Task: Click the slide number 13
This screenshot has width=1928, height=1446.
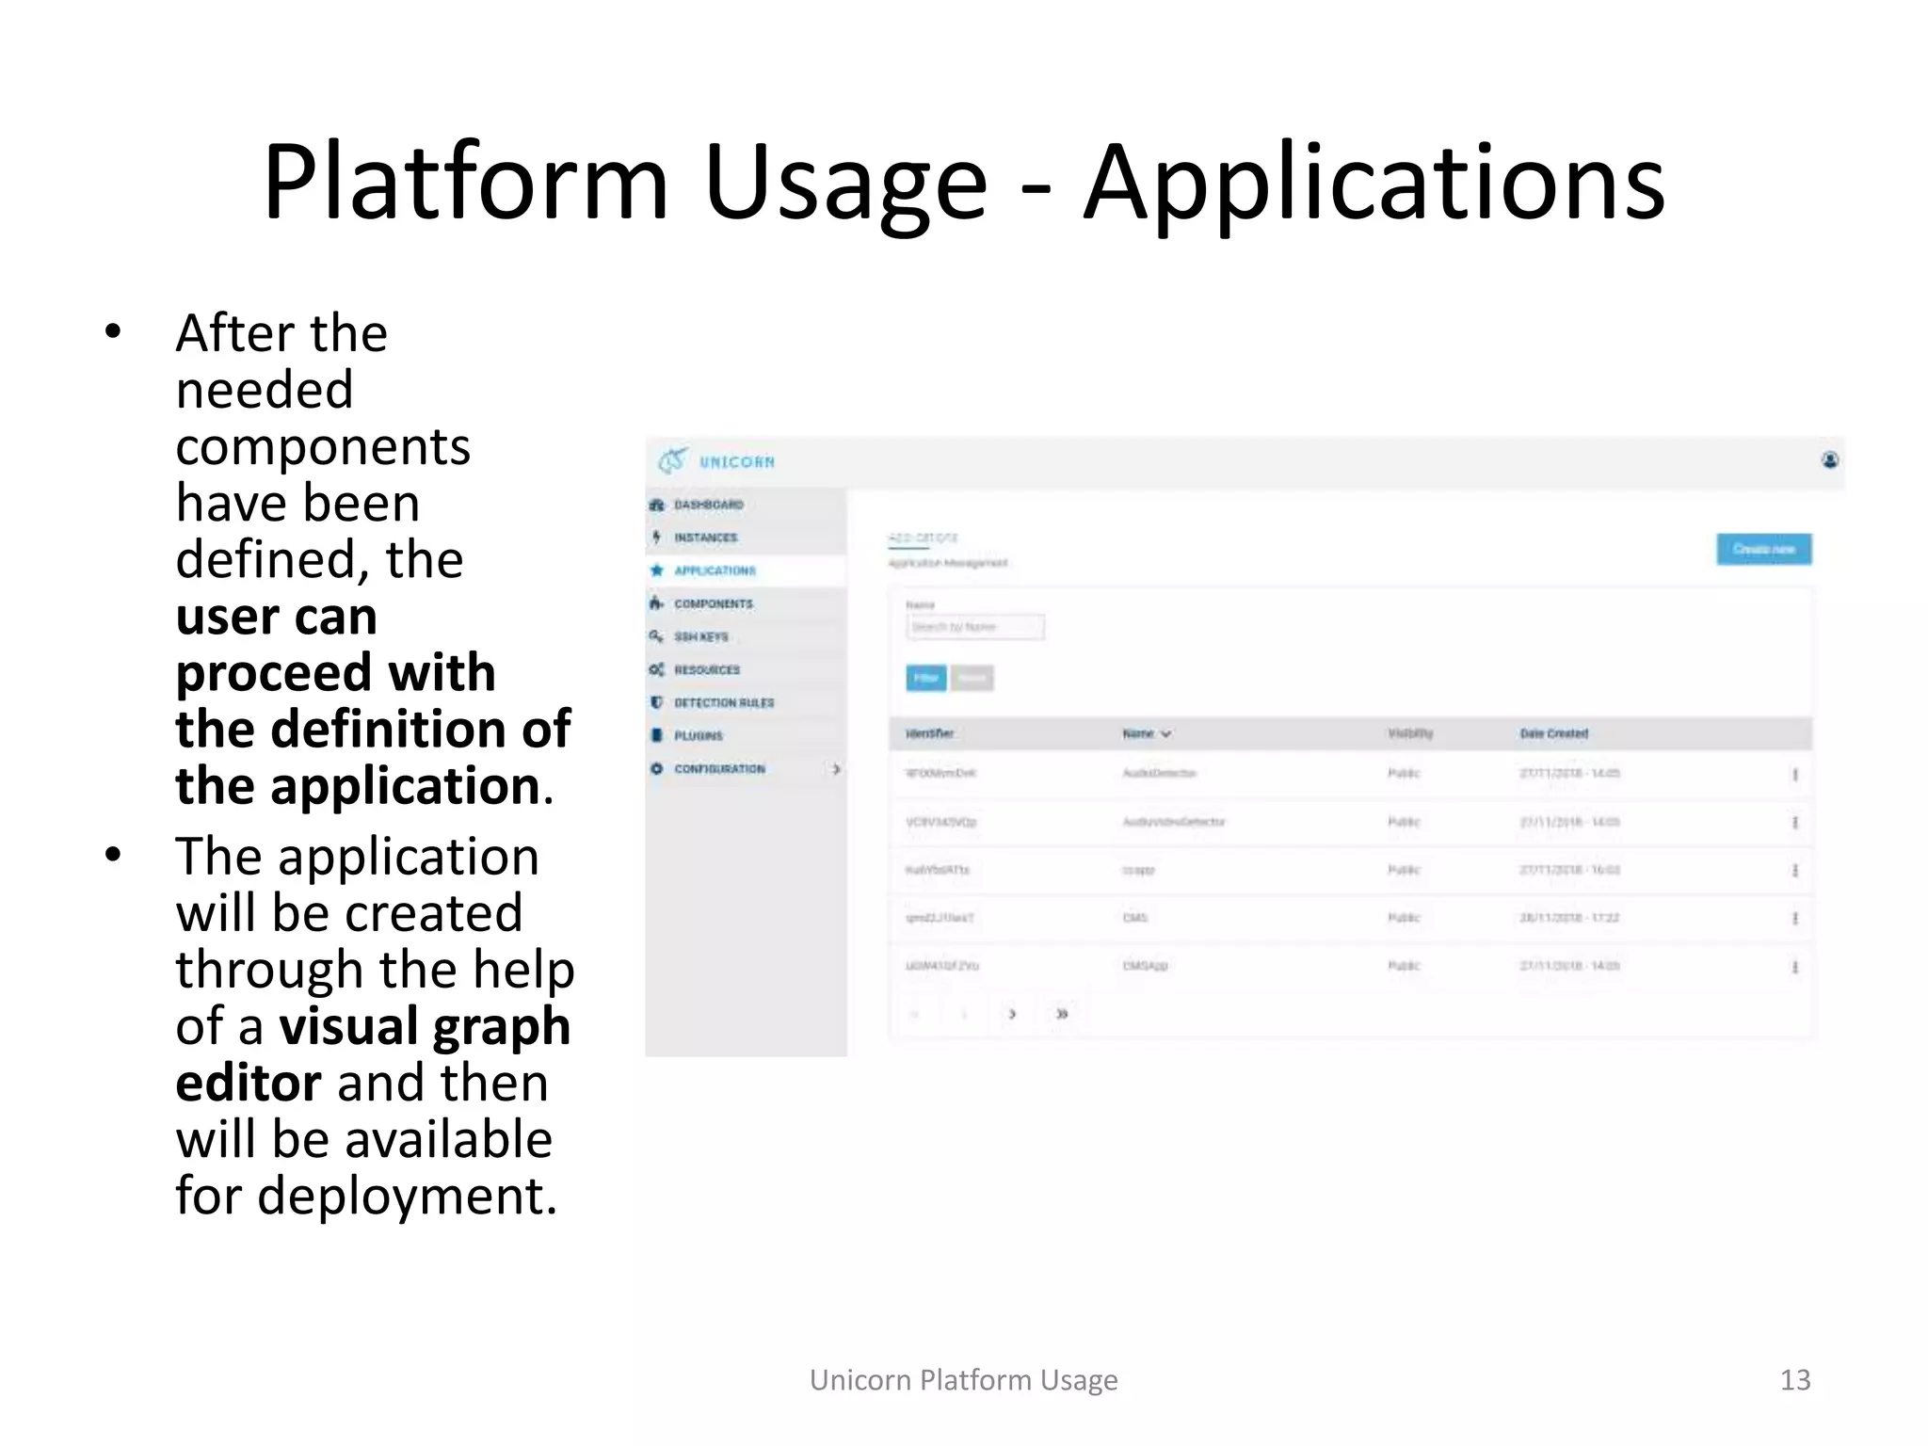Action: [x=1794, y=1380]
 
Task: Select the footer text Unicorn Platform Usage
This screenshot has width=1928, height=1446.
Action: [x=963, y=1380]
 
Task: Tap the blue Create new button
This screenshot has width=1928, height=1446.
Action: [x=1763, y=549]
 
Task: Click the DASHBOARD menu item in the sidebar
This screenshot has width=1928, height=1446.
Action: [x=708, y=505]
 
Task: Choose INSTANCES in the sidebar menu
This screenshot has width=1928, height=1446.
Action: [x=705, y=538]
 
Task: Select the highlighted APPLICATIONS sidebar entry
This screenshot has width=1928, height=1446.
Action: [x=715, y=570]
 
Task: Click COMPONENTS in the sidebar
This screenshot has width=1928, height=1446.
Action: [x=713, y=603]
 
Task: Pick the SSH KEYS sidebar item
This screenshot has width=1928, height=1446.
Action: [x=700, y=636]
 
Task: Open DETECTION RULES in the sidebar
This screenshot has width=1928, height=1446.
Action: [x=723, y=702]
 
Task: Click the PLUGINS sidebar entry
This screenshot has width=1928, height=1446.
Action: [x=698, y=735]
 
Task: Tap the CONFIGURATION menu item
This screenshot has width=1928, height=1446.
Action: [x=719, y=769]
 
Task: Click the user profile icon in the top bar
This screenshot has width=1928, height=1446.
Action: [x=1829, y=460]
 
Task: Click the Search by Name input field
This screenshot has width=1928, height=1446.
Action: [x=974, y=627]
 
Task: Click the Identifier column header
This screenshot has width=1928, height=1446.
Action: [x=929, y=733]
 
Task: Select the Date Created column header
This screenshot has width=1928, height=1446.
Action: [x=1553, y=733]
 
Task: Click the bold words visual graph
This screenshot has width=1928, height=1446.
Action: [x=425, y=1026]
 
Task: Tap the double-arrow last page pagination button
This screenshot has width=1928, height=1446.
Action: [x=1062, y=1014]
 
